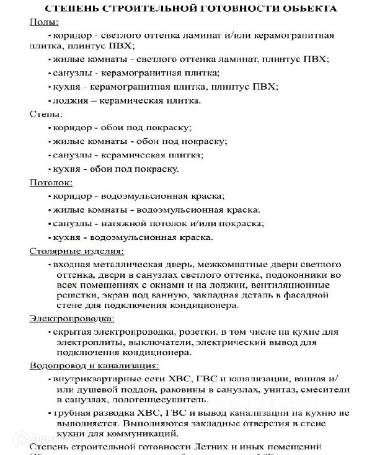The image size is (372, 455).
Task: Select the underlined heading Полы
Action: point(44,22)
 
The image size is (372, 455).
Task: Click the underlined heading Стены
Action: point(45,114)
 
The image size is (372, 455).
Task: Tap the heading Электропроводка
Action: point(71,319)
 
